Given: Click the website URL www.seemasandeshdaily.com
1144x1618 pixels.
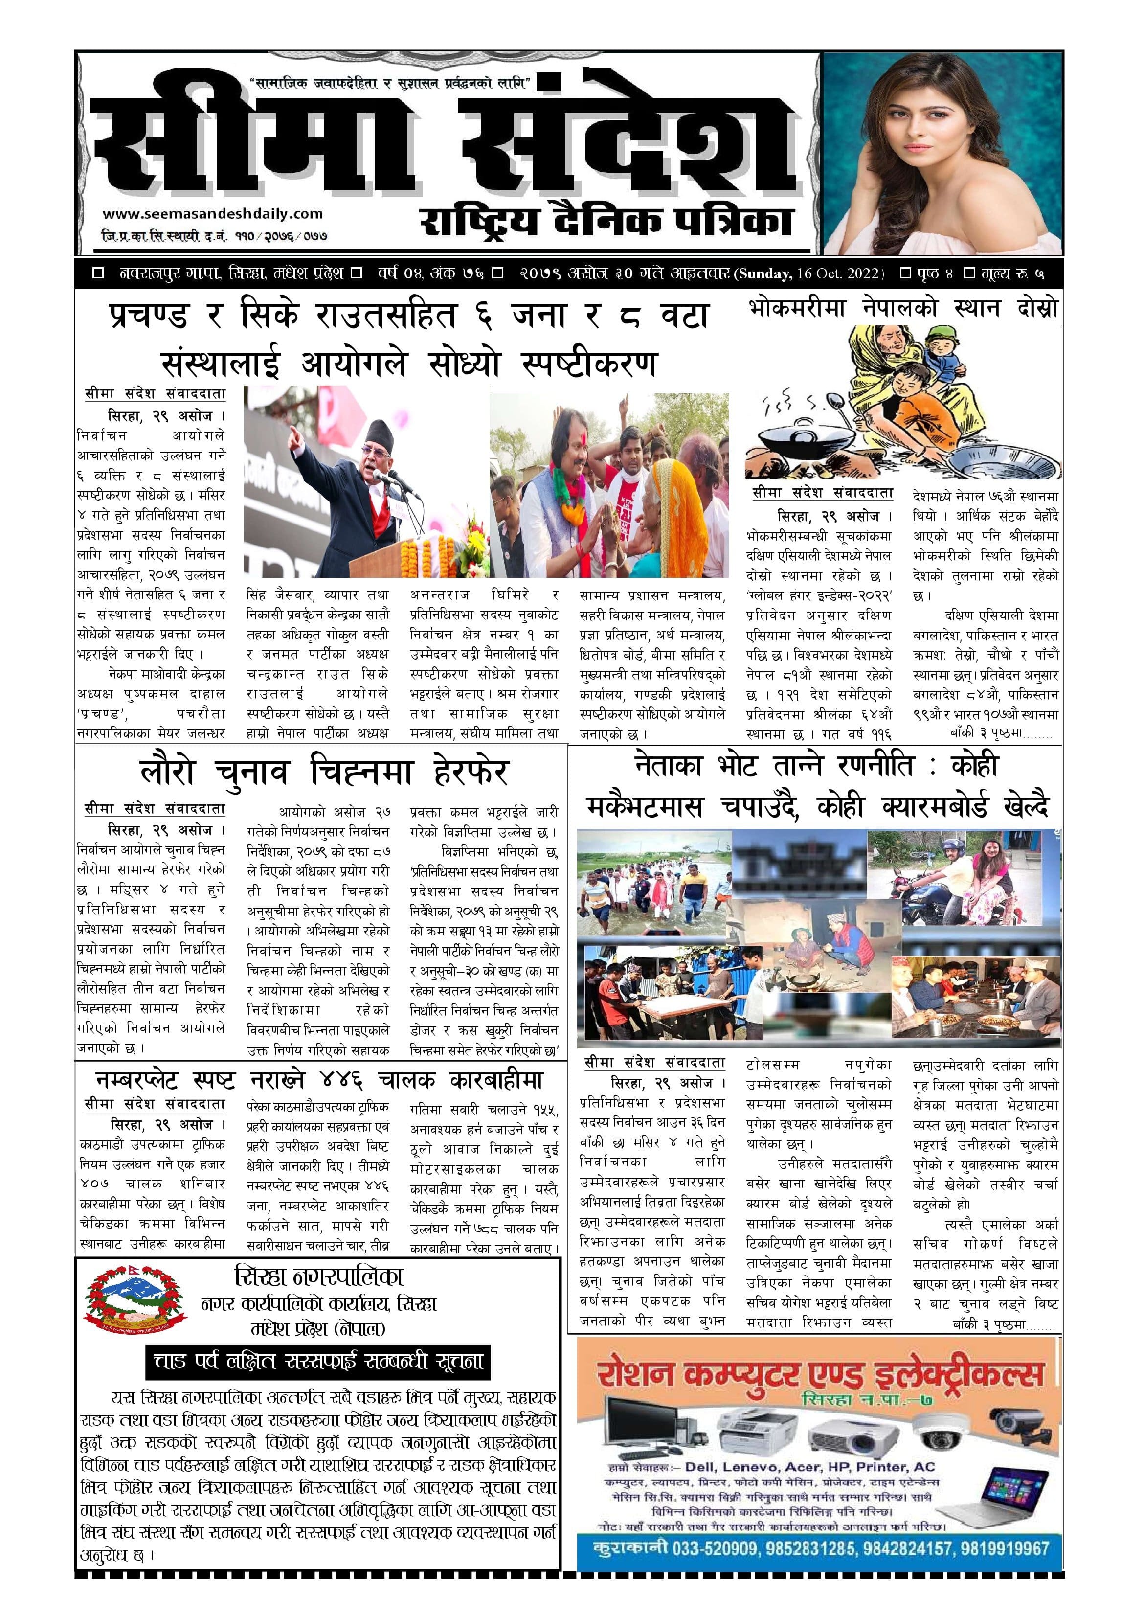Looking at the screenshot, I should (212, 213).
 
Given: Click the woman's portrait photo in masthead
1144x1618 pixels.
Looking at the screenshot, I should (942, 153).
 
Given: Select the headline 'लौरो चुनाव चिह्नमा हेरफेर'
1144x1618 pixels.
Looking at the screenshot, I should (324, 772).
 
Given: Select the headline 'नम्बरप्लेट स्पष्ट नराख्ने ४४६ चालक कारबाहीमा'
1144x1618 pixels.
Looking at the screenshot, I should (319, 1080).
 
